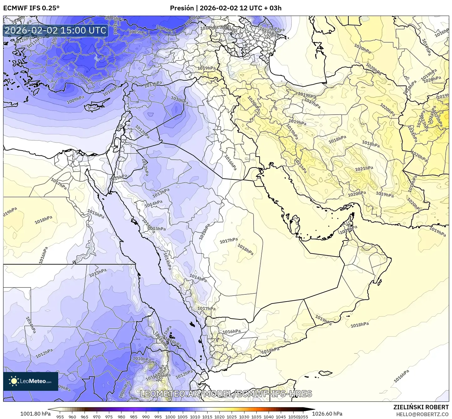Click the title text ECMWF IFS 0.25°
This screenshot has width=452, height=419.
31,8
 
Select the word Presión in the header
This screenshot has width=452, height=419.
182,8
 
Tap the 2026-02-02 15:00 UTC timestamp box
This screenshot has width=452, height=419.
55,30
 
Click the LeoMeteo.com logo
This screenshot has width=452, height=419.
31,381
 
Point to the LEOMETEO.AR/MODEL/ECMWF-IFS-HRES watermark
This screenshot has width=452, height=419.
226,394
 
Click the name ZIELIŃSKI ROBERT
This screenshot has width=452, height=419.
421,407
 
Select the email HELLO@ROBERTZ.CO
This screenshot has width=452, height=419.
423,414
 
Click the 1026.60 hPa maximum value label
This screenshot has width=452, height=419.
333,414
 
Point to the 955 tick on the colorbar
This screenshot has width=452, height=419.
60,416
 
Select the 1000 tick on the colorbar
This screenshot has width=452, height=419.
170,416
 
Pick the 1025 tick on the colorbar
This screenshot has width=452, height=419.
232,416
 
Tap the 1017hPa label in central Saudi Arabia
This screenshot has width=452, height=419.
229,241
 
